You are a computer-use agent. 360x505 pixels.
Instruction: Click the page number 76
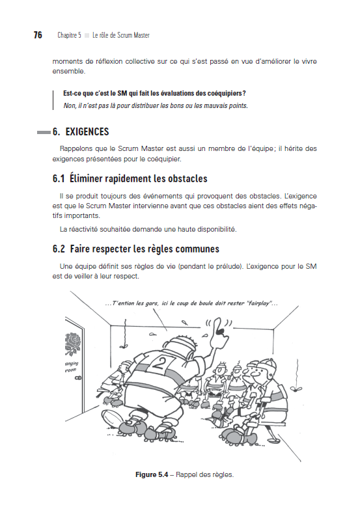click(x=38, y=34)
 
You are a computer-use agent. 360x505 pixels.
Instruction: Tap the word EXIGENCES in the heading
click(x=87, y=132)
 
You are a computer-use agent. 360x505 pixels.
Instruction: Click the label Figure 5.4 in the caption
click(x=153, y=474)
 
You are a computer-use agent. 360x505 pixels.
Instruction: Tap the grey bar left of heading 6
click(x=44, y=133)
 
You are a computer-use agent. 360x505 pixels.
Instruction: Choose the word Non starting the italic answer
click(x=69, y=105)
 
